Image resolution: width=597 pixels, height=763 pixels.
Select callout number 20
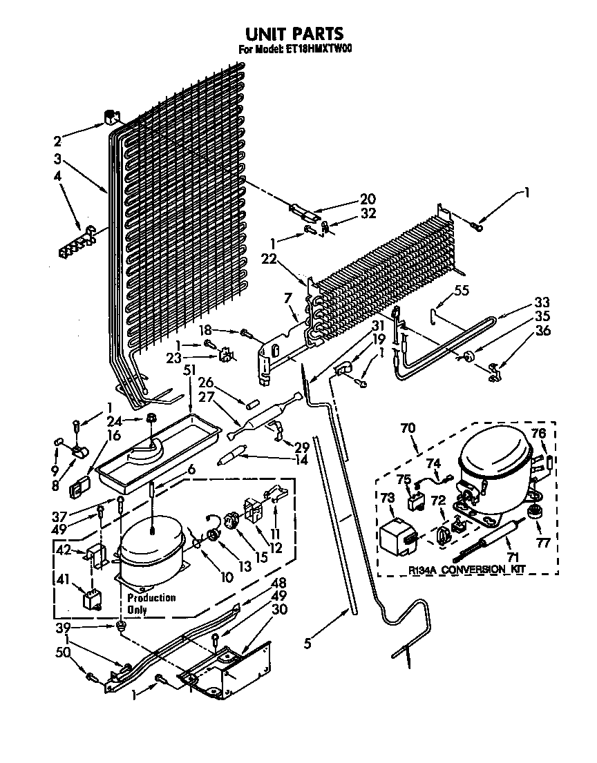point(368,198)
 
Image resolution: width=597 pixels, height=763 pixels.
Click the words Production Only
point(150,603)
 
